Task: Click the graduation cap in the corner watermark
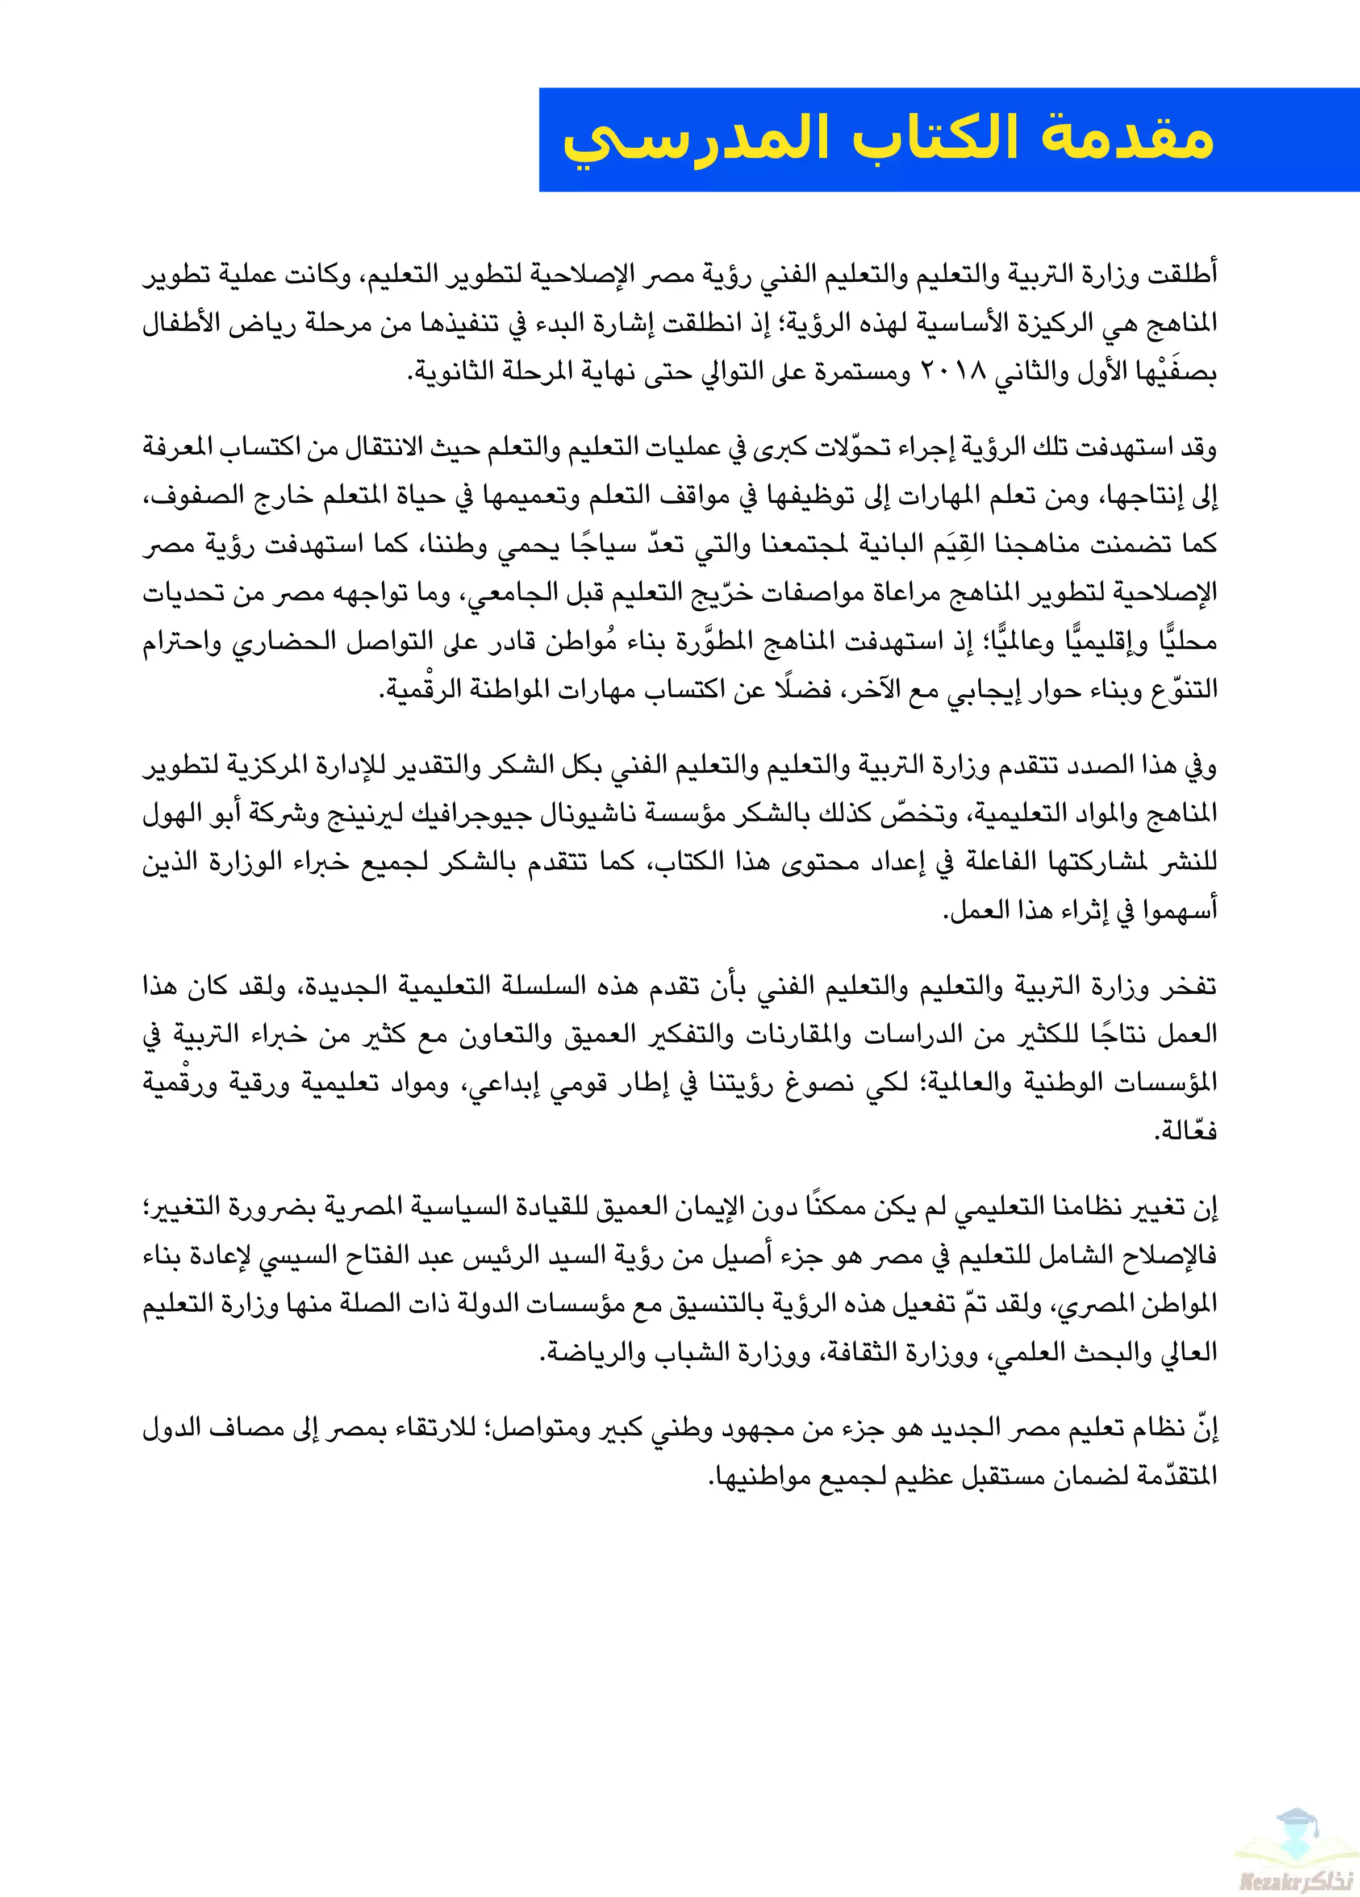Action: click(x=1293, y=1821)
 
